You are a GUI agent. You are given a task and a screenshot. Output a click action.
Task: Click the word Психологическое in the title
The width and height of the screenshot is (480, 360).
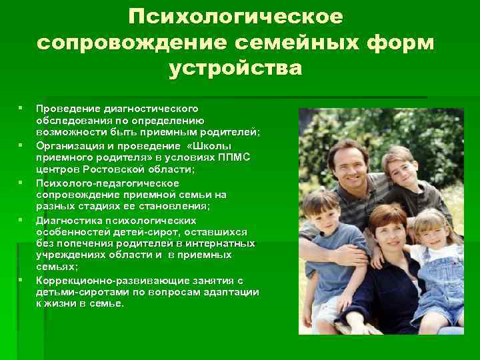(x=236, y=15)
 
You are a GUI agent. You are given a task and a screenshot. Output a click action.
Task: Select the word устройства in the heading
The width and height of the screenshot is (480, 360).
(x=236, y=68)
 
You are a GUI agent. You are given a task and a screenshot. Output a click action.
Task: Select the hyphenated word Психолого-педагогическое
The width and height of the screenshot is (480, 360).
(x=107, y=182)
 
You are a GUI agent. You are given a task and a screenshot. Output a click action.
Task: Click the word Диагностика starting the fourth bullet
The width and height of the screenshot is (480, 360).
(x=70, y=219)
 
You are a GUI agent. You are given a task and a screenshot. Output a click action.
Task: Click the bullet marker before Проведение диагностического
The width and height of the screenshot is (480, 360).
(x=21, y=107)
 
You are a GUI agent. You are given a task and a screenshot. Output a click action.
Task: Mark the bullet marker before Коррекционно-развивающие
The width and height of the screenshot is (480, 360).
(x=21, y=279)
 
